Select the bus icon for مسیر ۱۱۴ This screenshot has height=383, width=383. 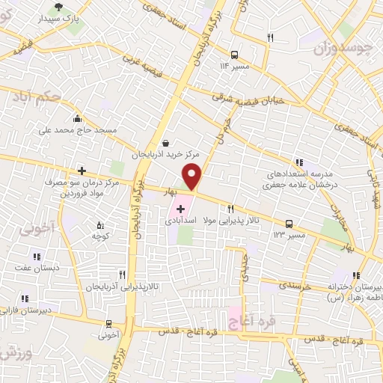click(235, 55)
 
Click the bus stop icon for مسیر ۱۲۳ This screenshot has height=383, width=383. click(289, 223)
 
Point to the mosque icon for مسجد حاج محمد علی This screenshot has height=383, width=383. click(78, 118)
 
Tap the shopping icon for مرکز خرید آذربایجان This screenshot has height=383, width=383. click(165, 144)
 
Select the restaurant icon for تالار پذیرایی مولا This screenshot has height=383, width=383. click(231, 209)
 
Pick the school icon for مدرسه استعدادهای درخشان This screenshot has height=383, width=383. click(299, 162)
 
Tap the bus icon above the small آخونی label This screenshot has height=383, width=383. click(110, 325)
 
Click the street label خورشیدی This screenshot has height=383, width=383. click(278, 285)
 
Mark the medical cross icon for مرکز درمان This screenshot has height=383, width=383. click(82, 171)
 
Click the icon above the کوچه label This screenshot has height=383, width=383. click(99, 225)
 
